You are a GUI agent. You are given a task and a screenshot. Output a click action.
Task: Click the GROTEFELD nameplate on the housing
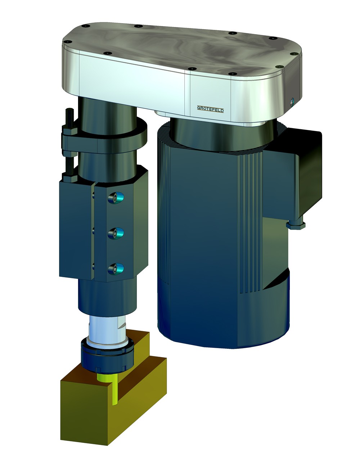point(210,109)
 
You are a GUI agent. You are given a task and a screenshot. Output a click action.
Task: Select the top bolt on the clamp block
point(115,197)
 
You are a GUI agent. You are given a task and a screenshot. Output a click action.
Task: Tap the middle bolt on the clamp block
point(115,234)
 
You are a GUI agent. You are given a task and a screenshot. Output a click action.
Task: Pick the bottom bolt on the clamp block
point(115,268)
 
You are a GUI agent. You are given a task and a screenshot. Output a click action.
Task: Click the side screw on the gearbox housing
point(292,102)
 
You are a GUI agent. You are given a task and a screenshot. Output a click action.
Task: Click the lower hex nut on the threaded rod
point(68,176)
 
